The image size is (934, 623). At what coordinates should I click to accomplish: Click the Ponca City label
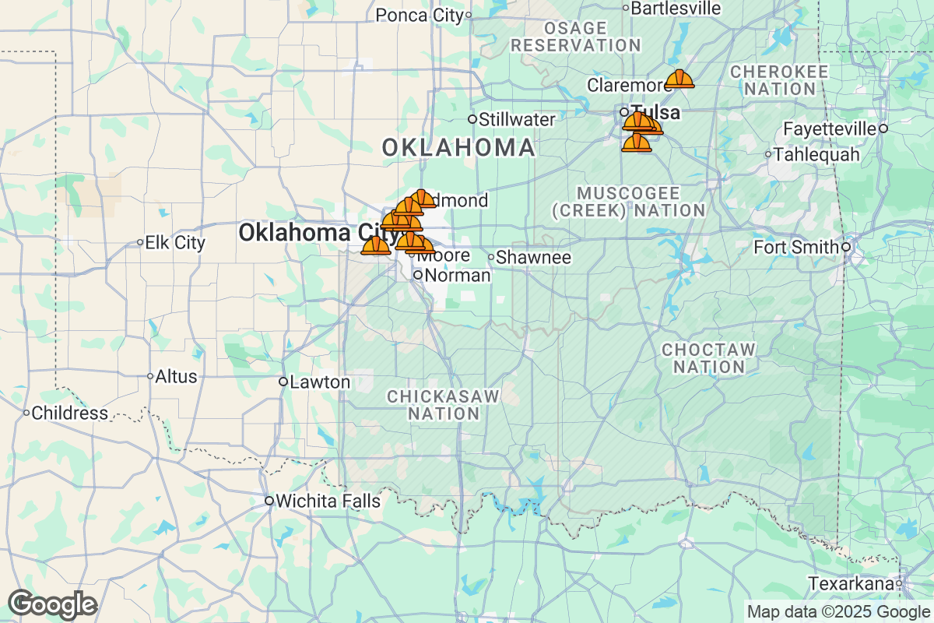coord(419,15)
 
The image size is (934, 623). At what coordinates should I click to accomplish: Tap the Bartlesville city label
coord(676,8)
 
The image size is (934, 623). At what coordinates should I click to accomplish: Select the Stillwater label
coord(517,119)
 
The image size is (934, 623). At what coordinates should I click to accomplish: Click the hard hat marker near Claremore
coord(679,79)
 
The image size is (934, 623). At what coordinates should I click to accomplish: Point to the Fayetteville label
coord(830,128)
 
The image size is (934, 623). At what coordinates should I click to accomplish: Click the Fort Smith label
coord(797,247)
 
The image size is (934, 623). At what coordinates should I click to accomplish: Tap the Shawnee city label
coord(533,257)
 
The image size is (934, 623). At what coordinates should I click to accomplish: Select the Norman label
coord(458,275)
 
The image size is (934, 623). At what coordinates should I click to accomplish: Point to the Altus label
coord(176,376)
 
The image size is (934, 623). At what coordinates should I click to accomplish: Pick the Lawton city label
coord(320,382)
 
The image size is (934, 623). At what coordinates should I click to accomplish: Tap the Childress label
coord(70,413)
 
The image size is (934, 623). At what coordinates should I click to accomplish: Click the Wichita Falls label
coord(328,501)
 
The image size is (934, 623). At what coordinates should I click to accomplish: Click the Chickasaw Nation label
coord(443,405)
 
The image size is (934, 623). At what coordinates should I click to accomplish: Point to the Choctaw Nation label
coord(708,357)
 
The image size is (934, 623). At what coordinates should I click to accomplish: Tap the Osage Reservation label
coord(576,37)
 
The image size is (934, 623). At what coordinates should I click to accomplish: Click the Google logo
coord(52,604)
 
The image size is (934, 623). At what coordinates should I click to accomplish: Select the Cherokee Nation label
coord(779,79)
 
